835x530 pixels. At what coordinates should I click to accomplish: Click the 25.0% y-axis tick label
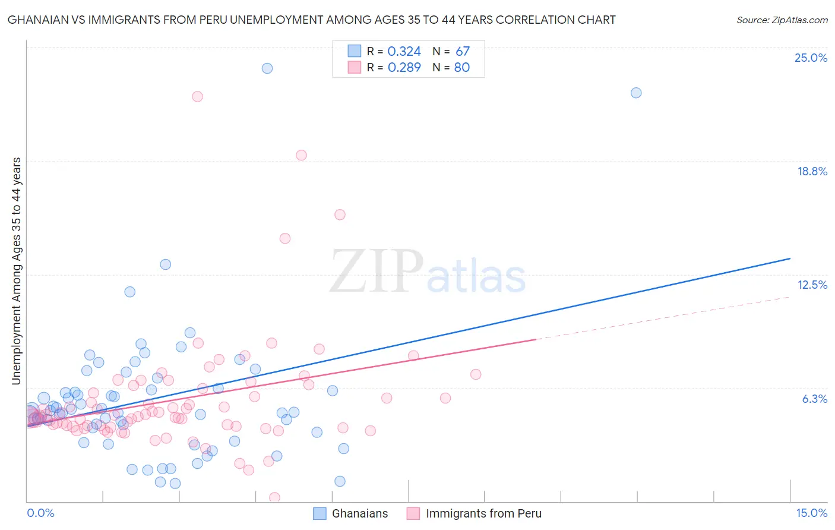[x=811, y=58]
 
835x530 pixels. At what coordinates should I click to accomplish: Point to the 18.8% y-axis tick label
[x=812, y=171]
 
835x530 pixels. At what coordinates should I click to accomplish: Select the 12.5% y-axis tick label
[x=812, y=285]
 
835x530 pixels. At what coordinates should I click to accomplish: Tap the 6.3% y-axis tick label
[x=814, y=399]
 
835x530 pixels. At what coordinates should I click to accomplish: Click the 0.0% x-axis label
[x=41, y=513]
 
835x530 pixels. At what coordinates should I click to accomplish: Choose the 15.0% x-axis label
[x=811, y=513]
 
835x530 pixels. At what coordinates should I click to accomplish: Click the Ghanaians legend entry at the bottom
[x=350, y=513]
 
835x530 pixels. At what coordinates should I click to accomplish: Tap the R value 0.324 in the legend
[x=404, y=52]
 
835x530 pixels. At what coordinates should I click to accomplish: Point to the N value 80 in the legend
[x=462, y=68]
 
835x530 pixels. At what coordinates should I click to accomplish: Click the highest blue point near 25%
[x=267, y=68]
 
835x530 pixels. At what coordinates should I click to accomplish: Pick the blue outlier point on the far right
[x=636, y=93]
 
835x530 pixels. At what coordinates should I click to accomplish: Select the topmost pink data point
[x=197, y=96]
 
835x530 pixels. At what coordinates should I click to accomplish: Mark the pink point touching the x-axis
[x=274, y=497]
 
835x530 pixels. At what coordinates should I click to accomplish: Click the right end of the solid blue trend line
[x=790, y=258]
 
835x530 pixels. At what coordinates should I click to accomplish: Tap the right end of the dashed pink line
[x=790, y=296]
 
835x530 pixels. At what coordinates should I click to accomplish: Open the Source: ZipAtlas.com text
[x=782, y=20]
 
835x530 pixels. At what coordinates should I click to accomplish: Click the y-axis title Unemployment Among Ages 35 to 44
[x=17, y=270]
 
